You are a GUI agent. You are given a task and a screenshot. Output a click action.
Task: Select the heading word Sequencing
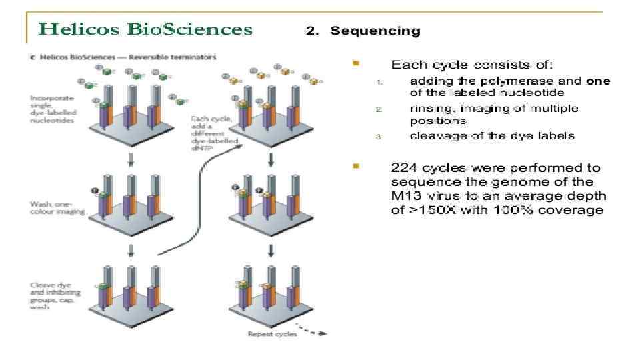(x=375, y=31)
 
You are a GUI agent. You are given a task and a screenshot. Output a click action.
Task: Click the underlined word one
(x=598, y=81)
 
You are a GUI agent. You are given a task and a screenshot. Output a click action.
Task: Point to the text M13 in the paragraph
(x=407, y=196)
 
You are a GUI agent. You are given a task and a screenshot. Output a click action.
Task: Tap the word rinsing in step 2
(x=431, y=108)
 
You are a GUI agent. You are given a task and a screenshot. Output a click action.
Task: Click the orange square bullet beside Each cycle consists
(x=357, y=64)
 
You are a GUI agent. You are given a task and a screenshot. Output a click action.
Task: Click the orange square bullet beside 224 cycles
(x=357, y=165)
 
